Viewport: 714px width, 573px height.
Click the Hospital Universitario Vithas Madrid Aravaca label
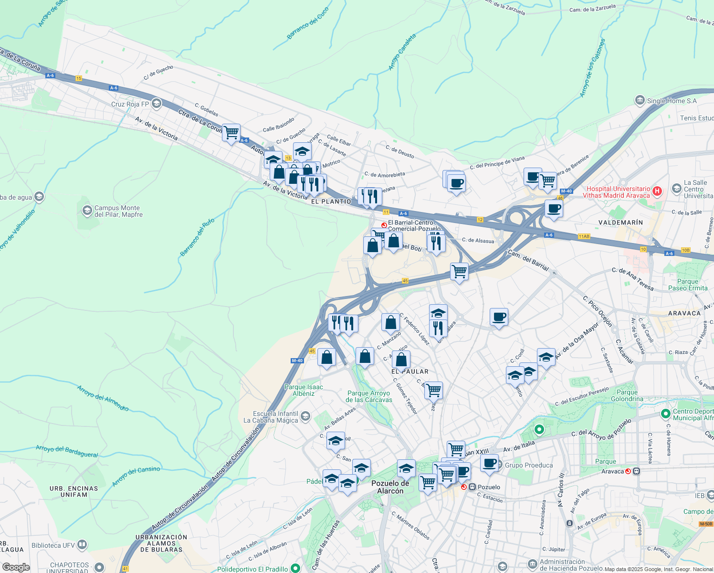pos(618,192)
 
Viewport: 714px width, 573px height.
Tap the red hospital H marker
pos(657,191)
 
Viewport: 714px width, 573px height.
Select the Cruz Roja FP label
pos(130,104)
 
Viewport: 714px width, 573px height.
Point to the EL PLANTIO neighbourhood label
pos(331,202)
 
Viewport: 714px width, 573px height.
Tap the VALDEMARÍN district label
pos(620,223)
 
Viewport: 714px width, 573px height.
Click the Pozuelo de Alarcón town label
pos(390,487)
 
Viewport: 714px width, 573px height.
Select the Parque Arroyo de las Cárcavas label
pos(369,397)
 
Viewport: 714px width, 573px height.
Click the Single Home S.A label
pos(672,101)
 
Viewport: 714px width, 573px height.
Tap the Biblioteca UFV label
pos(53,545)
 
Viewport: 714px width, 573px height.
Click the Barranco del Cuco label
pos(308,23)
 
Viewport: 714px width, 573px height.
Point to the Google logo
pos(16,567)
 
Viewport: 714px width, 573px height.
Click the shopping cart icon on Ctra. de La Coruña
pos(231,133)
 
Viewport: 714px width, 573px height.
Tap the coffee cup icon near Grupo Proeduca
pos(489,463)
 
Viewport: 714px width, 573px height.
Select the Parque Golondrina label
pos(627,395)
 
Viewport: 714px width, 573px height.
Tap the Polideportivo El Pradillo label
pos(252,569)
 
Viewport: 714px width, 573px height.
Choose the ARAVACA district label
pos(684,313)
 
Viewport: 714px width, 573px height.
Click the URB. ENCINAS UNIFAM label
pos(74,491)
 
